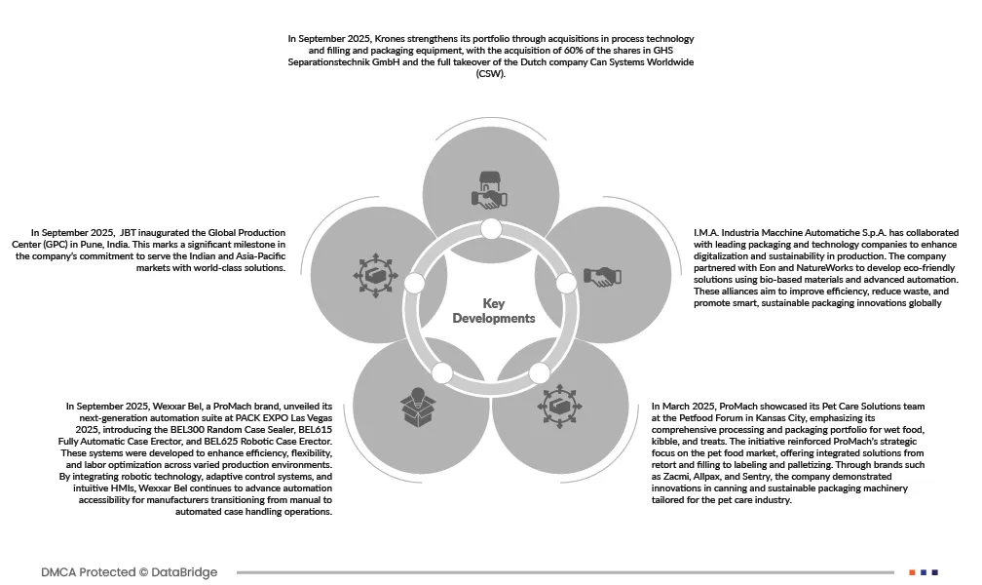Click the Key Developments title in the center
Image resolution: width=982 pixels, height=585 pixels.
point(494,311)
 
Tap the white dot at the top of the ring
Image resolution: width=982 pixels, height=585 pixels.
point(491,229)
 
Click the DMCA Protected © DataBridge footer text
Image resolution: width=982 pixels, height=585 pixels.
point(130,572)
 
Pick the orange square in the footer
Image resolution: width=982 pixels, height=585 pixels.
point(912,572)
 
